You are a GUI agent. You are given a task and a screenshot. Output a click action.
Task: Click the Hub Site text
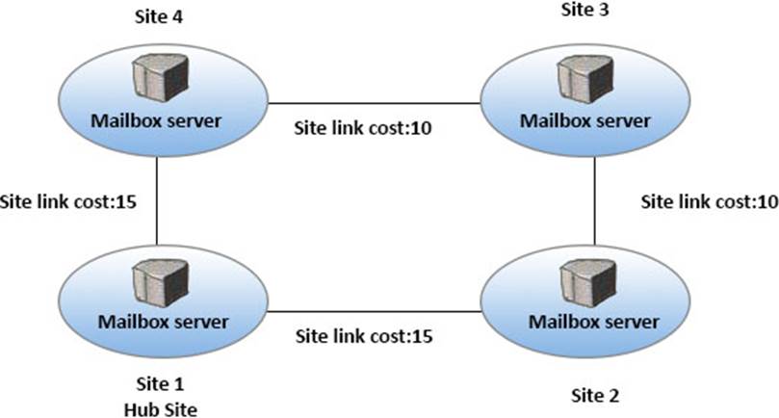[x=160, y=409]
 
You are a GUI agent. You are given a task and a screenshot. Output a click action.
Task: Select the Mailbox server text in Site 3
[x=584, y=120]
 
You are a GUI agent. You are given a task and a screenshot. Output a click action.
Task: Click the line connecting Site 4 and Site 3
[x=375, y=102]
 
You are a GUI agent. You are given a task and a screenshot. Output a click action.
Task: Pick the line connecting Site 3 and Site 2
[x=594, y=201]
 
